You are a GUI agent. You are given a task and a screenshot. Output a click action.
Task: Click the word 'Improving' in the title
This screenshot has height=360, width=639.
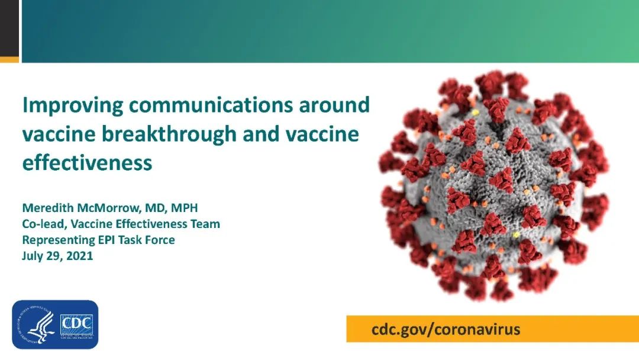[x=73, y=105]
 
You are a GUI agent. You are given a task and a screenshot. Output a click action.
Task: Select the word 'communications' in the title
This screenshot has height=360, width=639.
[x=211, y=105]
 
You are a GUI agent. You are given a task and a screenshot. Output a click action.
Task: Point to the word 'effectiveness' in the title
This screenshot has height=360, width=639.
[x=87, y=162]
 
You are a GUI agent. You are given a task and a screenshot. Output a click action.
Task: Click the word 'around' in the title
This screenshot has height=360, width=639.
[x=334, y=105]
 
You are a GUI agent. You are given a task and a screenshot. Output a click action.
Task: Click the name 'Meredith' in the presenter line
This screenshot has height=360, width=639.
[x=48, y=207]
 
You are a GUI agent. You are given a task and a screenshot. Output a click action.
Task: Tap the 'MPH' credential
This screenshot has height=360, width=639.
[x=184, y=207]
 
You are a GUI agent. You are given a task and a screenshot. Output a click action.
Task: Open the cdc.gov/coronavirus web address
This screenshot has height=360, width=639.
[x=446, y=329]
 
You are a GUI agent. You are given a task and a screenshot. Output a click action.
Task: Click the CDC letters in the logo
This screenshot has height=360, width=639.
[x=76, y=324]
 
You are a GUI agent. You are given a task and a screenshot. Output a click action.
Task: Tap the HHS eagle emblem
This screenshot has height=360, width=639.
[x=36, y=324]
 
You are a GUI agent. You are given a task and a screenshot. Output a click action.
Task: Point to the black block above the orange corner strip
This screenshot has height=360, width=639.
[x=9, y=28]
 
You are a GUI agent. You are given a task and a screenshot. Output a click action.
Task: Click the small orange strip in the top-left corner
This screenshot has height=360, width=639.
[x=9, y=60]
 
